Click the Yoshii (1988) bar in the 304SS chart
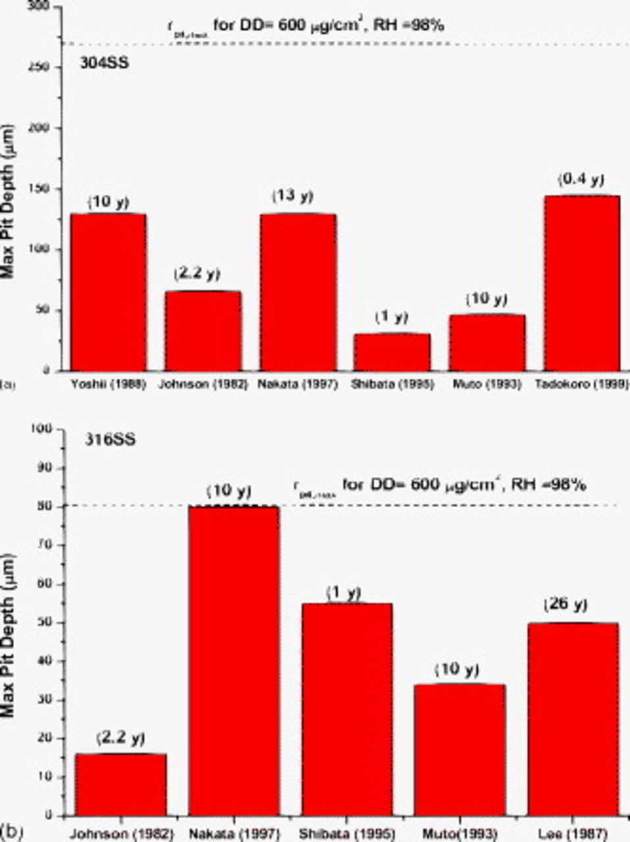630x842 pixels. [x=108, y=292]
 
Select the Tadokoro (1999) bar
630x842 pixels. [x=582, y=283]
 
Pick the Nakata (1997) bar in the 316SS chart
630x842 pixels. [x=234, y=660]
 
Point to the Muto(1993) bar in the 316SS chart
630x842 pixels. [x=460, y=749]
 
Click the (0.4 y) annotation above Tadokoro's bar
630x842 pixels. [x=581, y=180]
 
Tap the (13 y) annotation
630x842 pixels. [x=293, y=196]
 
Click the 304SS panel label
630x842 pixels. [x=104, y=64]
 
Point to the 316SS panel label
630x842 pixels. [x=109, y=440]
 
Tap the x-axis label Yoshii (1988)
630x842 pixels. [x=108, y=384]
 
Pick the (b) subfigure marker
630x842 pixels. [x=11, y=832]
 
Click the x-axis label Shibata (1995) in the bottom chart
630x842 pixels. [x=347, y=834]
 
